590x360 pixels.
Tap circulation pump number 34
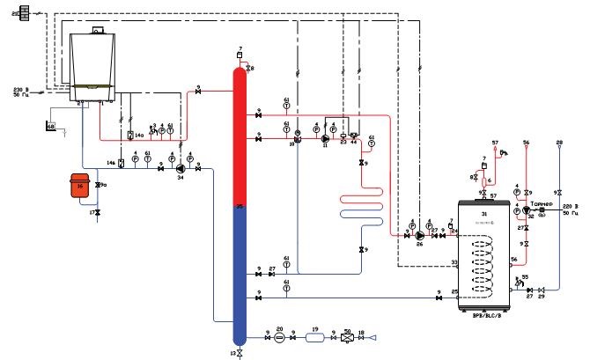pos(181,168)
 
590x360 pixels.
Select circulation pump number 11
pos(325,138)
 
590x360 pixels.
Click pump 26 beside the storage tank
pos(420,235)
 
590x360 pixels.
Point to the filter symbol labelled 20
pos(279,335)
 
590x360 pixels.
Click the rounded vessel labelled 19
pos(313,335)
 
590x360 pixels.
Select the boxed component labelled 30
pos(347,335)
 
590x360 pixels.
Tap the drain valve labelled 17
pos(98,213)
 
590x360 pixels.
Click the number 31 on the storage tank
pos(483,215)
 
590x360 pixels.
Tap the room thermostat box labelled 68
pos(50,128)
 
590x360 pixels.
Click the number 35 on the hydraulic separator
pos(239,207)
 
